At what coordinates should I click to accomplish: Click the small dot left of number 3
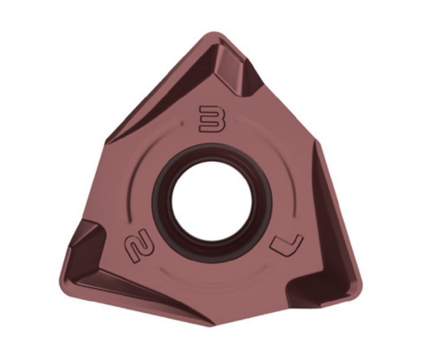182,123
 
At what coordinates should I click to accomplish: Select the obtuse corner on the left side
106,141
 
